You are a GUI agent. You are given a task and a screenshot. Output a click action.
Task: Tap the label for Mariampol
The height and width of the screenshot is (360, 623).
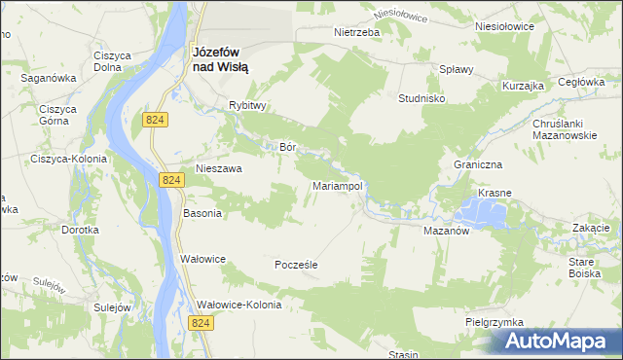tap(338, 185)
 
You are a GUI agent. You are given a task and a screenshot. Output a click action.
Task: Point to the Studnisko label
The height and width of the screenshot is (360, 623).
tap(421, 98)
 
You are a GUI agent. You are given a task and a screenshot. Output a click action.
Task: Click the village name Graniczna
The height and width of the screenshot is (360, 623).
tap(476, 164)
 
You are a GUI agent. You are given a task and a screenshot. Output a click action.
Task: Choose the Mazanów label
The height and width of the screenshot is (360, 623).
tap(447, 232)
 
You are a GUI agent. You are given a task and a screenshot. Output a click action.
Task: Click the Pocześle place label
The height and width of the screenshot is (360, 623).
tap(297, 264)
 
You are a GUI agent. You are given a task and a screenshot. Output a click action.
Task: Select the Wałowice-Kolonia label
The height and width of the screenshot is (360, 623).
tap(239, 305)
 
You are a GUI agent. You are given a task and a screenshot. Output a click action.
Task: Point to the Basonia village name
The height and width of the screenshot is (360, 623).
tap(202, 212)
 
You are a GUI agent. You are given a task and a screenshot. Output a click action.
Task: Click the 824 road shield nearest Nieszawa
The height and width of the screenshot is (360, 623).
tap(171, 180)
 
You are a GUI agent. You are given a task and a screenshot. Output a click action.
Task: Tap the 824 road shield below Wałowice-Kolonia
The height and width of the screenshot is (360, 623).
tap(202, 323)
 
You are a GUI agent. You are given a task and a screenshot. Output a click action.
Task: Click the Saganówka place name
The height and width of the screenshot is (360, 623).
tap(49, 76)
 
